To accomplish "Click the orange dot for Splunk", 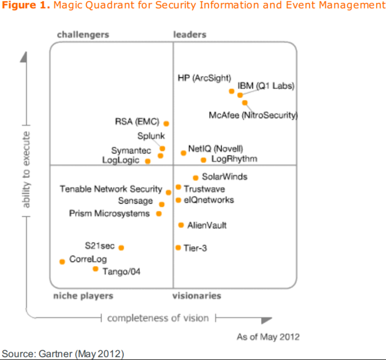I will point(162,149).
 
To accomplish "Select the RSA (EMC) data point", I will point(166,123).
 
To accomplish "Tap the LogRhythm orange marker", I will point(203,160).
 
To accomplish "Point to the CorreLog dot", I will point(62,262).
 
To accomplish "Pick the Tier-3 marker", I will point(178,248).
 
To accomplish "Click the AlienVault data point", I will point(181,225).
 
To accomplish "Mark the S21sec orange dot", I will point(121,248).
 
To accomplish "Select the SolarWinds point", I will point(196,178).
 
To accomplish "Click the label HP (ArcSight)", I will point(204,78).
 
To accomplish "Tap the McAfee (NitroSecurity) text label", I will point(253,115).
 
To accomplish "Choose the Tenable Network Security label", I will point(111,189).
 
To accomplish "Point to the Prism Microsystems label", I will point(109,213).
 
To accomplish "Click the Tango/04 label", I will point(122,271).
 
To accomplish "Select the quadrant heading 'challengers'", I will point(83,35).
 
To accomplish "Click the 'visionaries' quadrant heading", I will point(197,295).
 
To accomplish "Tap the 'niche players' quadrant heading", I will point(83,295).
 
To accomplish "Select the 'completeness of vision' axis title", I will point(158,318).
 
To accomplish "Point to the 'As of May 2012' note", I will point(268,337).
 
